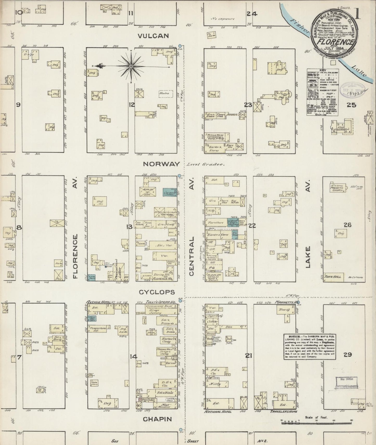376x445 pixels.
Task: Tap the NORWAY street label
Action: click(x=161, y=164)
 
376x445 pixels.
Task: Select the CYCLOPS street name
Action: click(x=157, y=292)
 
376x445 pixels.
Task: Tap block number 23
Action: click(x=248, y=105)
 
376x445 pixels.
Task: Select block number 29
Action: click(x=348, y=355)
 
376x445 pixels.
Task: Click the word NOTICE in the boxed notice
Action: click(x=290, y=336)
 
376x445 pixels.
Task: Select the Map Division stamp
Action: click(x=346, y=379)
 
